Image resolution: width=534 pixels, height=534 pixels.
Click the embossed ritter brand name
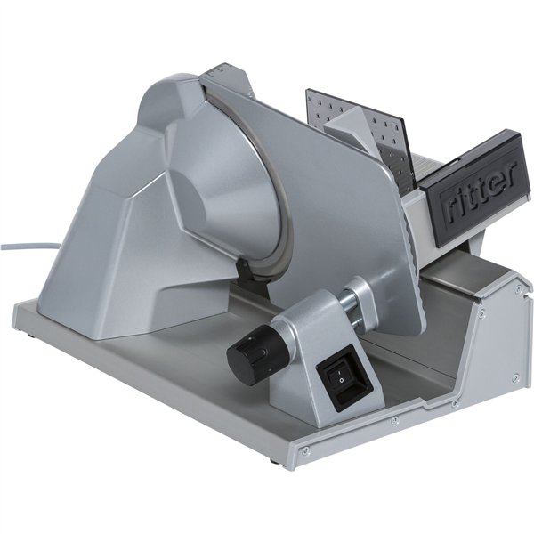click(481, 191)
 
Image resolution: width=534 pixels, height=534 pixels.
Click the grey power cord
click(29, 245)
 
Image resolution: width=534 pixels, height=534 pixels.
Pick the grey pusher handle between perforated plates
click(350, 127)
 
